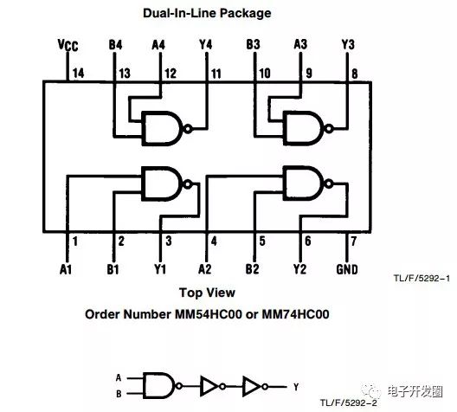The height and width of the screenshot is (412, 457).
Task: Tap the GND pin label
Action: pyautogui.click(x=345, y=268)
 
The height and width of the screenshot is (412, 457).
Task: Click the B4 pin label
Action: pyautogui.click(x=114, y=43)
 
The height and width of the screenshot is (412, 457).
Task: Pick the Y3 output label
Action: pyautogui.click(x=347, y=43)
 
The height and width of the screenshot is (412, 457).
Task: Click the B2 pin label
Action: pyautogui.click(x=252, y=268)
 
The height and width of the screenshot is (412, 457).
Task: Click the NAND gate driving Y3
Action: pyautogui.click(x=303, y=129)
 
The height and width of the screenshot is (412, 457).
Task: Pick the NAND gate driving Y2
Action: pyautogui.click(x=303, y=183)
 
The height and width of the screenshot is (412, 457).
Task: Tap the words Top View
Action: pyautogui.click(x=207, y=292)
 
